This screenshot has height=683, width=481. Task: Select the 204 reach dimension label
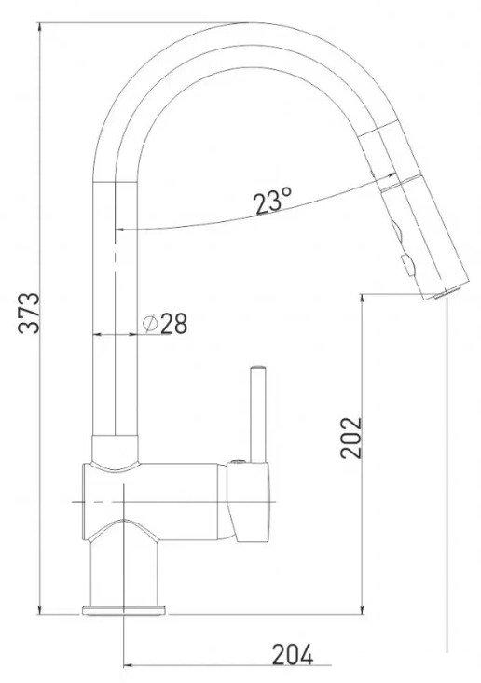291,655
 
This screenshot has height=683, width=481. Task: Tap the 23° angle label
272,201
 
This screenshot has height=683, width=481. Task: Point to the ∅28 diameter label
165,323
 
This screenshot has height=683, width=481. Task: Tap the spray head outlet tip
438,296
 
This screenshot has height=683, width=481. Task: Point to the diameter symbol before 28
149,323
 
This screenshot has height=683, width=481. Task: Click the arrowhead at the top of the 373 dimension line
41,28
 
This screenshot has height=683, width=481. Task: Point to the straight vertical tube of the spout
117,308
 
